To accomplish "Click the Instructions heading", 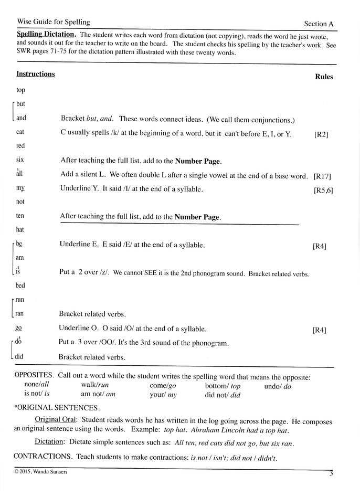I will pyautogui.click(x=35, y=74).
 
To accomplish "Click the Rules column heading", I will pyautogui.click(x=324, y=77).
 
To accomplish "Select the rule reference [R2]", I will pyautogui.click(x=321, y=135).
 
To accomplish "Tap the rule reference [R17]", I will pyautogui.click(x=322, y=176).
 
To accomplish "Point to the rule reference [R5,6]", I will pyautogui.click(x=323, y=190).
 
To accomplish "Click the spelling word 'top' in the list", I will pyautogui.click(x=20, y=90).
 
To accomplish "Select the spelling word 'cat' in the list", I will pyautogui.click(x=20, y=132).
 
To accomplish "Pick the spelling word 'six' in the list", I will pyautogui.click(x=20, y=160).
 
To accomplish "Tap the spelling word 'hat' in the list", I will pyautogui.click(x=20, y=229).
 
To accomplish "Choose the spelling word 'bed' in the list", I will pyautogui.click(x=20, y=285).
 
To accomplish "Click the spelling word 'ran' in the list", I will pyautogui.click(x=20, y=313).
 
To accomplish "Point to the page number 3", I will pyautogui.click(x=331, y=473).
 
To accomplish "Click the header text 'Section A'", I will pyautogui.click(x=319, y=24).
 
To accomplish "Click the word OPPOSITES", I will pyautogui.click(x=34, y=376).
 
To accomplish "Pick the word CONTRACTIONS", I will pyautogui.click(x=44, y=457).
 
